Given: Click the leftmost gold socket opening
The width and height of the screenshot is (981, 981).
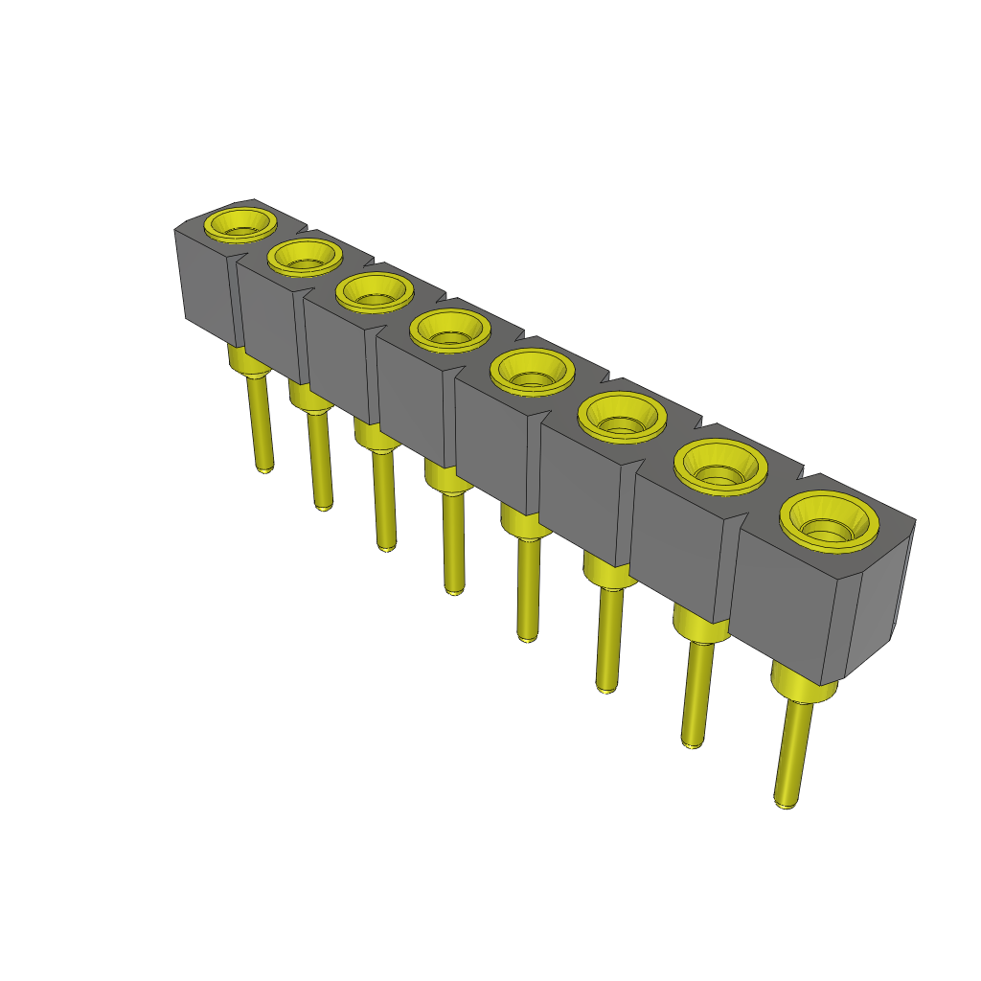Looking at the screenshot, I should (240, 224).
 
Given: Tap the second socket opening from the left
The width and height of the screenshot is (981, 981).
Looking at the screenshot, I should (305, 256).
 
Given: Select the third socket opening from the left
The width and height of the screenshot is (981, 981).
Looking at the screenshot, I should (374, 291).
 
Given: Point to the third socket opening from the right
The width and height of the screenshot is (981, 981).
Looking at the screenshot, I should (623, 417).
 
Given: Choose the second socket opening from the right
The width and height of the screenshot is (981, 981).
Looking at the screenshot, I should (720, 466).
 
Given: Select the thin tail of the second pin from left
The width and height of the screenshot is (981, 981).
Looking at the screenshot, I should (320, 460).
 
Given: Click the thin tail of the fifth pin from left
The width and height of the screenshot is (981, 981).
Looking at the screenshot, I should (527, 588).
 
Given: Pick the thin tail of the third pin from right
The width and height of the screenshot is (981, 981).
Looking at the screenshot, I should (607, 638).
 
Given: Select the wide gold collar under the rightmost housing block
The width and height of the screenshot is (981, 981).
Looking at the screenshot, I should (804, 686).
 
